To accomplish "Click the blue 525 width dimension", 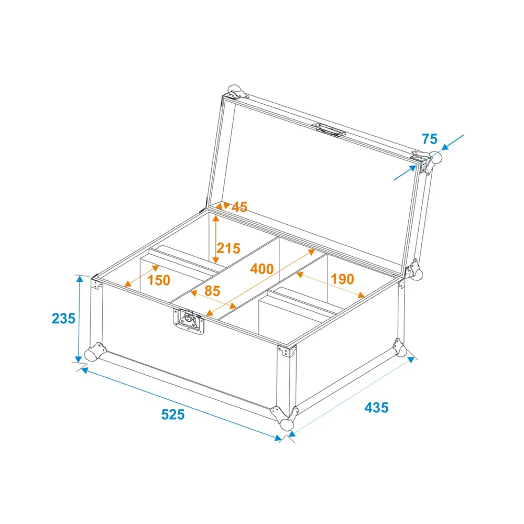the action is [173, 414].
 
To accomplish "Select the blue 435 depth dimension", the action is [377, 407].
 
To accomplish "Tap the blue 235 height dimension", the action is [63, 319].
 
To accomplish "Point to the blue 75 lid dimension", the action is [430, 139].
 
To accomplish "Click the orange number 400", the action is [262, 269].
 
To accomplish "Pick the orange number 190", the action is [342, 279].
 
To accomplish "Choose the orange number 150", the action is [159, 280].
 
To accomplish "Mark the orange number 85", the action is [212, 291].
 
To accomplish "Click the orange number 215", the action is [228, 248].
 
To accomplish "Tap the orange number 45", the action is [239, 207].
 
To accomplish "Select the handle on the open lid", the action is [329, 129].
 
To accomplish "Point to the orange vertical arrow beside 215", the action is [216, 239].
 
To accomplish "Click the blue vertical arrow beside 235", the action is [79, 319].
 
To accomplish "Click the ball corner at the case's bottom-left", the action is [93, 352].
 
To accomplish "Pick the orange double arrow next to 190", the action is [331, 285].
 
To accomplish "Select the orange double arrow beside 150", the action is [141, 276].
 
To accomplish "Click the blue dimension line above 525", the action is [181, 404].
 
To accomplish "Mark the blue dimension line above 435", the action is [352, 397].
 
